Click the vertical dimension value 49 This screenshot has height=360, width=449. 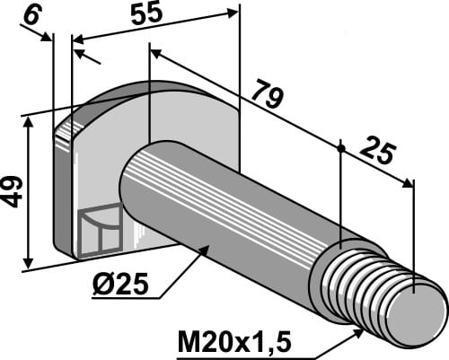coord(13,191)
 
